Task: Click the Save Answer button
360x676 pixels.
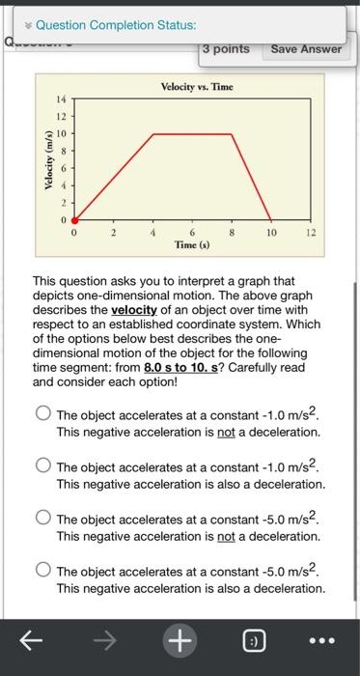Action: point(306,48)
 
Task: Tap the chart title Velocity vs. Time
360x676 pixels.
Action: point(196,87)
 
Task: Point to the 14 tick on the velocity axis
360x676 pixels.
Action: point(59,100)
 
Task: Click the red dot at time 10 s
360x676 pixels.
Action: point(271,220)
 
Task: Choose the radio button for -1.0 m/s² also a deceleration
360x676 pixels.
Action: point(43,465)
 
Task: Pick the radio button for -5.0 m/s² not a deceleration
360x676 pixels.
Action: point(43,518)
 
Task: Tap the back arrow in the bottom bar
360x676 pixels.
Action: point(30,638)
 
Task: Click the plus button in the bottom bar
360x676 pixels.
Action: point(180,638)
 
